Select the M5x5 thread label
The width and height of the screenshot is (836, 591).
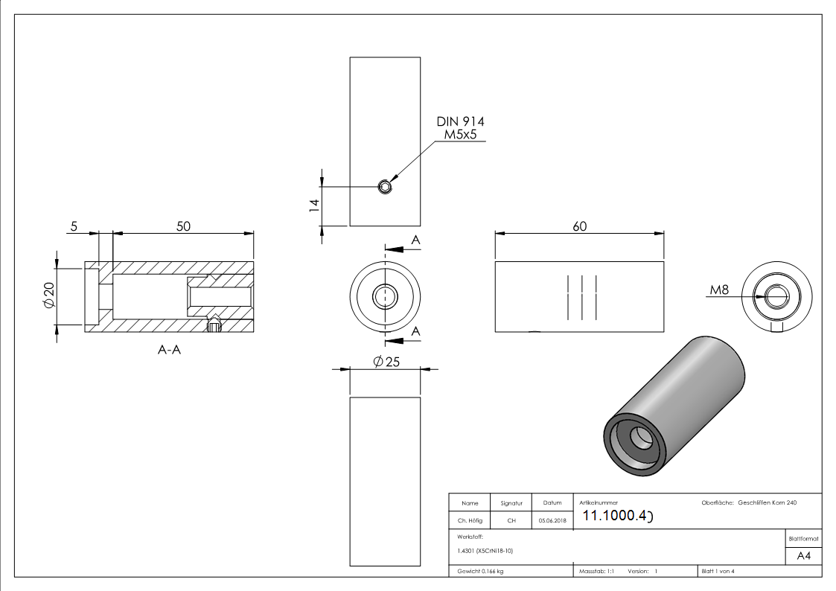tap(460, 134)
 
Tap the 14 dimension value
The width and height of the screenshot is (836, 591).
tap(314, 205)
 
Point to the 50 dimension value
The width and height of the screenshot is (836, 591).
tap(183, 226)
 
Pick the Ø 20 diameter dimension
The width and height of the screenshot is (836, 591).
tap(50, 297)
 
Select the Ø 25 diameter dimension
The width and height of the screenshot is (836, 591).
tap(386, 362)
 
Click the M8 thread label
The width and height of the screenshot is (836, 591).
tap(719, 290)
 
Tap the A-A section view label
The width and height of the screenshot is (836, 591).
tap(169, 349)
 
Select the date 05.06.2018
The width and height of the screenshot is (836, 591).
tap(552, 521)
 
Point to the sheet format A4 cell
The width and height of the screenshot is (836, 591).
tap(803, 555)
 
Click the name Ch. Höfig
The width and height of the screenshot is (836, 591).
tap(470, 521)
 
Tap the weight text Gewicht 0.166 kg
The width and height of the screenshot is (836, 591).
tap(480, 572)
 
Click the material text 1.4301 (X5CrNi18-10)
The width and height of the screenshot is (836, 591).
tap(485, 551)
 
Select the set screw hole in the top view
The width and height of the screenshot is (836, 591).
tap(385, 186)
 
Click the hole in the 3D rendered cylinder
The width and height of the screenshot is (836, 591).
tap(640, 439)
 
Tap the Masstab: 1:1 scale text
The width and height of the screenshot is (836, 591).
tap(596, 572)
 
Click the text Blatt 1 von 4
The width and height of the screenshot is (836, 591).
tap(718, 572)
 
